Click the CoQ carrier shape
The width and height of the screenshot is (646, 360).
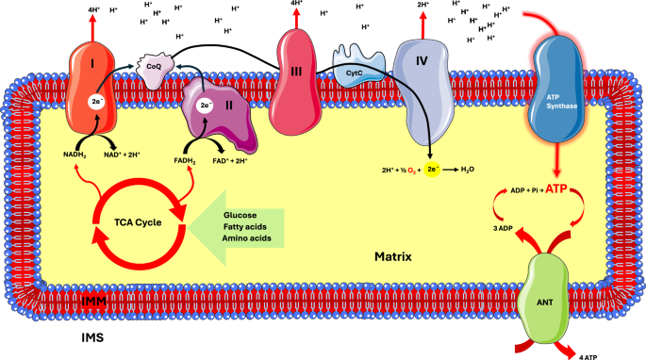tap(155, 67)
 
